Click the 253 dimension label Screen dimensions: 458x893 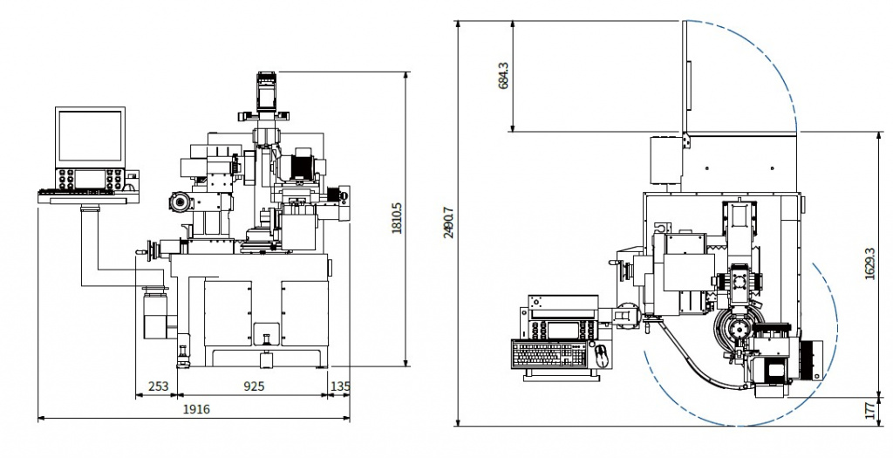coord(158,385)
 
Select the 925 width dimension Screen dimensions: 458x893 coord(254,385)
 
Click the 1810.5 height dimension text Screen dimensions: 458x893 coord(397,219)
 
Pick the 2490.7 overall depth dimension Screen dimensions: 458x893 coord(448,222)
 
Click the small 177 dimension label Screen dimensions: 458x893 coord(869,411)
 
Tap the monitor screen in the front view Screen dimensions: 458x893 coord(90,136)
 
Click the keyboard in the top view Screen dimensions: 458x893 coord(547,354)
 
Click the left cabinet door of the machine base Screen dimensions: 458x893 coord(227,313)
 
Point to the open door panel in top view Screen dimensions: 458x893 coord(685,75)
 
